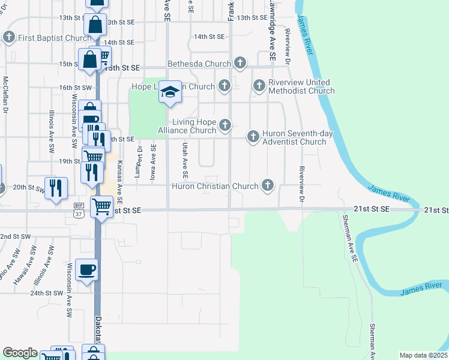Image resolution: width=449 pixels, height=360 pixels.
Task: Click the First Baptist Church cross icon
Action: point(9,38)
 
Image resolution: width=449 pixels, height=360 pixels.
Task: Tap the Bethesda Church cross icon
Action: point(240,62)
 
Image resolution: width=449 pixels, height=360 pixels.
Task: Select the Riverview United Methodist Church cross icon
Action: point(259,86)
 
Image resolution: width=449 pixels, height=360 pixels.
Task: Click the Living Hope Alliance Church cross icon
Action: point(225,125)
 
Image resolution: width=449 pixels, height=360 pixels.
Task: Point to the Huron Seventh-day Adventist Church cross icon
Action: point(253,137)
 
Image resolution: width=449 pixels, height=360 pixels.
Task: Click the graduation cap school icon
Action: point(171,92)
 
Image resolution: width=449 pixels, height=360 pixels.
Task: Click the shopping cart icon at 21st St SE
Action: point(101,207)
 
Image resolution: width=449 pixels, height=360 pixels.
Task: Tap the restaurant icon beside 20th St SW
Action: point(55,188)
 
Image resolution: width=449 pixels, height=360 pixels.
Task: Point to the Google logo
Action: point(20,353)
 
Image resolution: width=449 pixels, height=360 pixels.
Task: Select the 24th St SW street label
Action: point(47,293)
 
